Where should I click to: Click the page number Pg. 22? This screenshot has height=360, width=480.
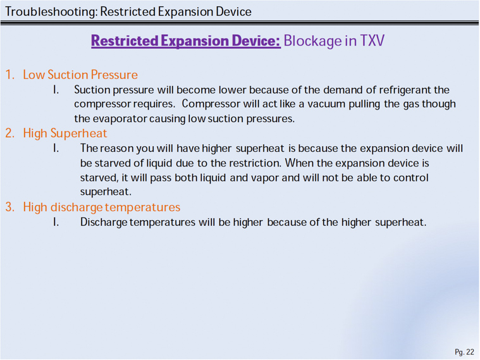(464, 352)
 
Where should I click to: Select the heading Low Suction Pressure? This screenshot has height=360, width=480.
(80, 75)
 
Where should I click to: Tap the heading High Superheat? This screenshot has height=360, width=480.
(65, 133)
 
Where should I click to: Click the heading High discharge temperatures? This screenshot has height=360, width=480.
(102, 208)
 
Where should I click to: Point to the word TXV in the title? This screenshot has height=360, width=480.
(372, 40)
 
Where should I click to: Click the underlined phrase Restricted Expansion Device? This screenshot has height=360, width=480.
(186, 41)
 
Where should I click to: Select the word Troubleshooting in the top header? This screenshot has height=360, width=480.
(51, 12)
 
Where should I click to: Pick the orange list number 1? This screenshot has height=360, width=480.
(9, 75)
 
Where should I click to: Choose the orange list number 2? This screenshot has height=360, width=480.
(9, 133)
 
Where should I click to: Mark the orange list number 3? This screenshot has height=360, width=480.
(9, 207)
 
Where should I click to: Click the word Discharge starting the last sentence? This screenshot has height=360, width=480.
(104, 223)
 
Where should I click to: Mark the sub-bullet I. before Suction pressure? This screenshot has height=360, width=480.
(56, 90)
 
